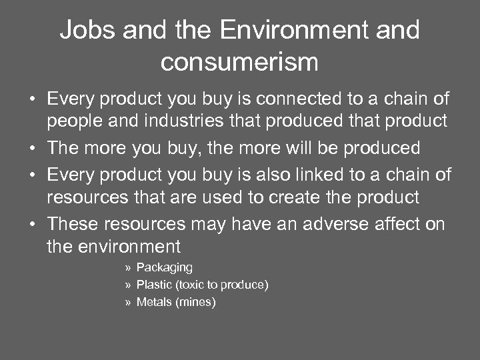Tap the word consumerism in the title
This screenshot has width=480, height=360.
click(x=239, y=62)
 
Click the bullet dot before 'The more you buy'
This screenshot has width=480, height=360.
click(x=31, y=147)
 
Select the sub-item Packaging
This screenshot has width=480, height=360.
click(x=164, y=267)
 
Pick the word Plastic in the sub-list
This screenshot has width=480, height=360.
click(x=153, y=285)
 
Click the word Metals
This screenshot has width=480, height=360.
click(x=153, y=302)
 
